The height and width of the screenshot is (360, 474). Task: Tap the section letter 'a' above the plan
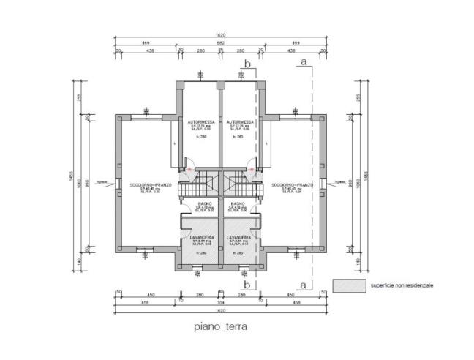pos(302,63)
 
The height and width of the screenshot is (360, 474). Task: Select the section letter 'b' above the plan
pos(247,64)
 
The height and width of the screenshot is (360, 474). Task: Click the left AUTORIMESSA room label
pos(200,121)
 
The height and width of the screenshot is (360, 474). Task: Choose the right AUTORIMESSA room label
pos(240,121)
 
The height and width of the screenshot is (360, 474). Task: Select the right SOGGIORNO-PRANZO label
pos(291,185)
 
